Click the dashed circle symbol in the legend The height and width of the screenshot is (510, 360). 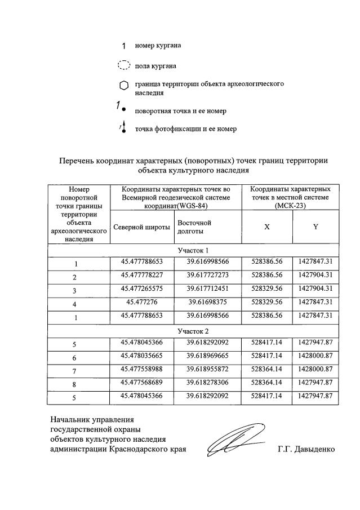[123, 65]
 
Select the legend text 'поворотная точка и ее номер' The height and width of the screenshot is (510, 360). [181, 110]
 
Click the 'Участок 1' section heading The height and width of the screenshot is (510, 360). [193, 250]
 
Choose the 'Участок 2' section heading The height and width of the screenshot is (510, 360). [193, 330]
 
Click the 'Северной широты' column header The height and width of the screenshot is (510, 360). [141, 227]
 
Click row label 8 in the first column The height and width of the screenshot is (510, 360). [75, 384]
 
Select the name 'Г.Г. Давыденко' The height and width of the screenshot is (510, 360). [306, 449]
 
